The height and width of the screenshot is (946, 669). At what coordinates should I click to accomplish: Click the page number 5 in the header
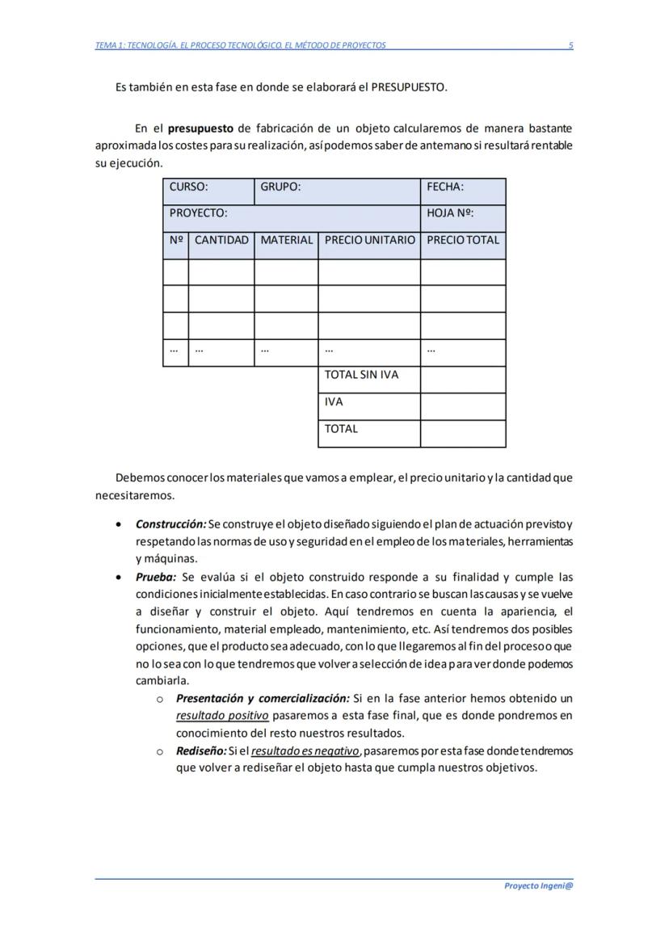(570, 45)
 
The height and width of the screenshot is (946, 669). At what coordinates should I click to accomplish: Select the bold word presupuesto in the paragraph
(201, 128)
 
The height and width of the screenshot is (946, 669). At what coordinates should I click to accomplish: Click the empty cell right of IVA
(463, 406)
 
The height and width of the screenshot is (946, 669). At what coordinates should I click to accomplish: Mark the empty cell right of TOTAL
(463, 434)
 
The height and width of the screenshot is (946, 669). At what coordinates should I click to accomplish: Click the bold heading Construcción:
(170, 524)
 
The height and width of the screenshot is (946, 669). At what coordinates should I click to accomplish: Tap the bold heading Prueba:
(155, 577)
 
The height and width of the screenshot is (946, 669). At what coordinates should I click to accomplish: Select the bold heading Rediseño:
(201, 750)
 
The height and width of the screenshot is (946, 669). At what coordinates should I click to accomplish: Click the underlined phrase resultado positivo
(222, 716)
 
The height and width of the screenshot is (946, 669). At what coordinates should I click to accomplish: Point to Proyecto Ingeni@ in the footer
(538, 885)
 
